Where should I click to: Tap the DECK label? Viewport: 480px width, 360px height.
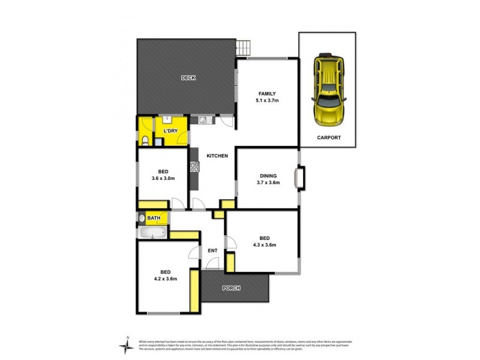189,77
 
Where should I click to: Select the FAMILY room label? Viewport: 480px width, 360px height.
267,94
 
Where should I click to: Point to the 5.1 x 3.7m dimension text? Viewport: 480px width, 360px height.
268,101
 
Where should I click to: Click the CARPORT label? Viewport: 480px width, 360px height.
329,137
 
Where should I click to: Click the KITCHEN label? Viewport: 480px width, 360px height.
217,156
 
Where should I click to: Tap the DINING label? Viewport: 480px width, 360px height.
268,176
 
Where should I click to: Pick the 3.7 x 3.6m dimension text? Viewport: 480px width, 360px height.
268,183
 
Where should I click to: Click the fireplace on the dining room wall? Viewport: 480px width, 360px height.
299,179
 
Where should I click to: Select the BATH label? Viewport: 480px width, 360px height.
154,218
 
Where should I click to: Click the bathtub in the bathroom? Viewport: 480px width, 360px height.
151,233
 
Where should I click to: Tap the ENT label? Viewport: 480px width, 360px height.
212,251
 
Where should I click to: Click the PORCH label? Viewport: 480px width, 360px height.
231,288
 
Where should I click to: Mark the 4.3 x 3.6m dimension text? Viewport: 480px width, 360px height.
264,244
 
